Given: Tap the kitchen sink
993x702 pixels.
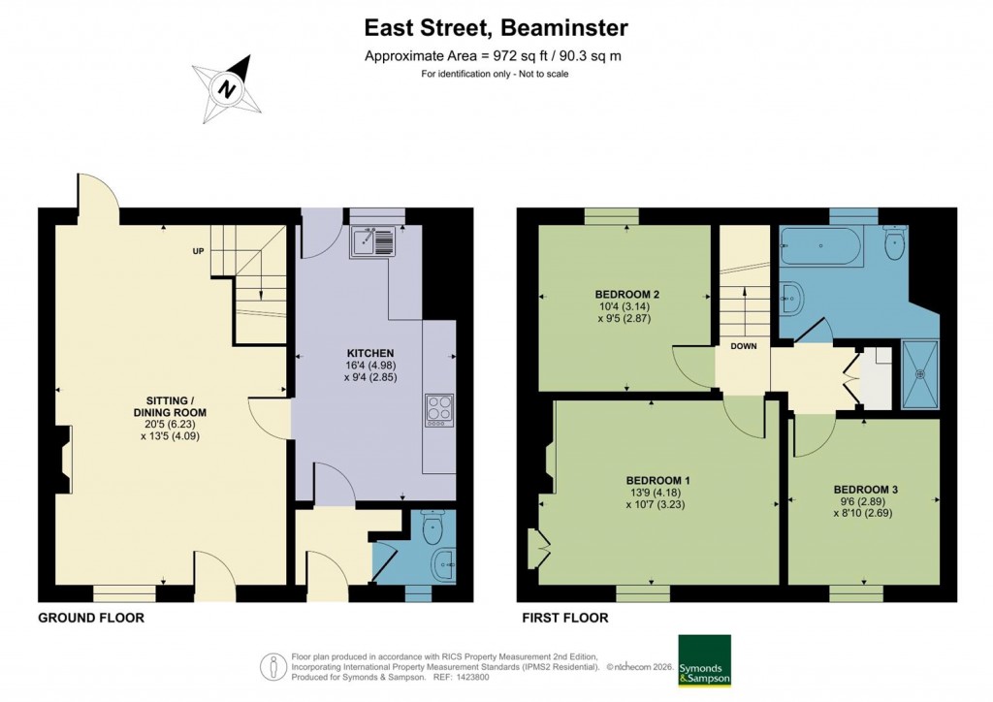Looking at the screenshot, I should (x=373, y=239).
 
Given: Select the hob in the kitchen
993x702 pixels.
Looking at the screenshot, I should (x=438, y=410).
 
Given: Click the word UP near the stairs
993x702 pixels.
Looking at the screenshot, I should (x=198, y=251).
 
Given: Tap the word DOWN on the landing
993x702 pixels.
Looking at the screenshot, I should (x=744, y=346).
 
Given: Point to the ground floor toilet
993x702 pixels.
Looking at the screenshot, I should (x=433, y=527).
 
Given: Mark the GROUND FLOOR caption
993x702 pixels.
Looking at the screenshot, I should (x=91, y=618).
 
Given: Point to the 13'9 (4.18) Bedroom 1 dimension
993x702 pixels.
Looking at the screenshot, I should (x=658, y=493).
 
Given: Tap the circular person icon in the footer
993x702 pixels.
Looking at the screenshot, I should (x=272, y=667).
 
